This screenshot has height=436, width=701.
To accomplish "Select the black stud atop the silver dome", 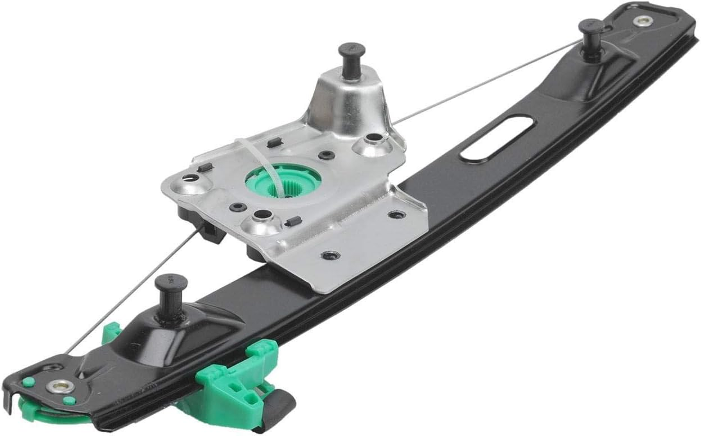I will pos(351,54).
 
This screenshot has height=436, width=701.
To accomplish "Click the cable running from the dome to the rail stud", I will pos(485,82).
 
